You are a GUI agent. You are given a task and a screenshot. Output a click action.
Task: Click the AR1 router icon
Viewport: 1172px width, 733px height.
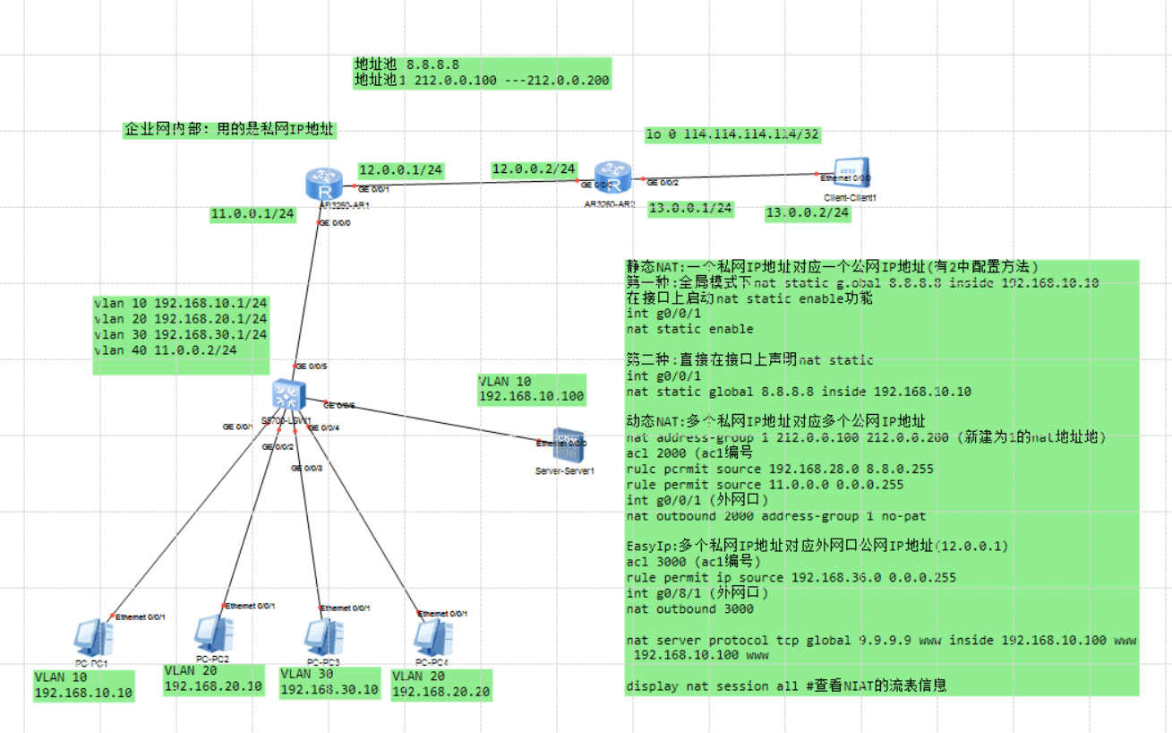click(321, 185)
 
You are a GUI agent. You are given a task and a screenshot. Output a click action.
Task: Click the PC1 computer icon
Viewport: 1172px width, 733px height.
click(92, 637)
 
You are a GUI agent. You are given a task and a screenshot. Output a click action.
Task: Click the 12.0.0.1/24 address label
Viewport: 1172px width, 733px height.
click(400, 169)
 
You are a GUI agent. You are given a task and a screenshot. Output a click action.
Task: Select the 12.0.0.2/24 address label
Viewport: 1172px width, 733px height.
click(534, 168)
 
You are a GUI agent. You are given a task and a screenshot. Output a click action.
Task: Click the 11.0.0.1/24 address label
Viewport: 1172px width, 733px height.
click(252, 214)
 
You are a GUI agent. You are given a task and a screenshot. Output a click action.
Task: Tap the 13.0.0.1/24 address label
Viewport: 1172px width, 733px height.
click(689, 209)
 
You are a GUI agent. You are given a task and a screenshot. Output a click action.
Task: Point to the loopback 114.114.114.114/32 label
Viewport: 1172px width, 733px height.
click(733, 134)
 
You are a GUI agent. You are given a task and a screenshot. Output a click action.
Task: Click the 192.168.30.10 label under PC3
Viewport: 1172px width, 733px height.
click(329, 690)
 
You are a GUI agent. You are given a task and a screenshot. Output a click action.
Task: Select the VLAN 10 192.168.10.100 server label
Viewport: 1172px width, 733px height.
click(532, 389)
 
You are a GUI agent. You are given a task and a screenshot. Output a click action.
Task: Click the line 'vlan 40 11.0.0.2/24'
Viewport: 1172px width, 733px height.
click(166, 349)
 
